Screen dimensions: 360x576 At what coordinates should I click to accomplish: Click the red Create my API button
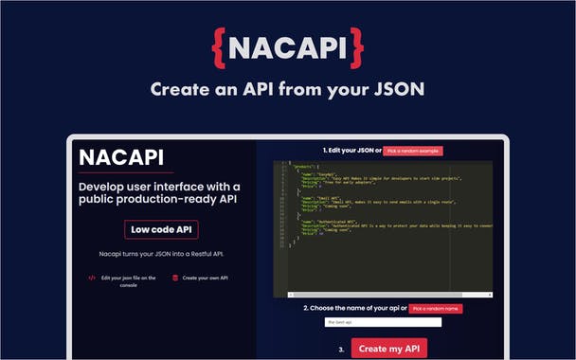click(x=389, y=349)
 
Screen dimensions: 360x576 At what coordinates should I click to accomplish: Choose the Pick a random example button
click(x=413, y=151)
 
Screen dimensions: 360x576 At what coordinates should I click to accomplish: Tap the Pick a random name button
click(x=437, y=308)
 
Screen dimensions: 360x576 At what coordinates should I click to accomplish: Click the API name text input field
click(x=383, y=322)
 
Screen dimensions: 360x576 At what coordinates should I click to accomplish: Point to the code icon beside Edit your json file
click(x=92, y=278)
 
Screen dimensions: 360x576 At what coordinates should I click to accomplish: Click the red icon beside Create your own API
click(x=175, y=278)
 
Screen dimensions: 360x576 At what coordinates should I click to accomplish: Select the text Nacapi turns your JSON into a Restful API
click(x=160, y=255)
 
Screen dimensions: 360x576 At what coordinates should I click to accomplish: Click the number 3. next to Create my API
click(x=342, y=349)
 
